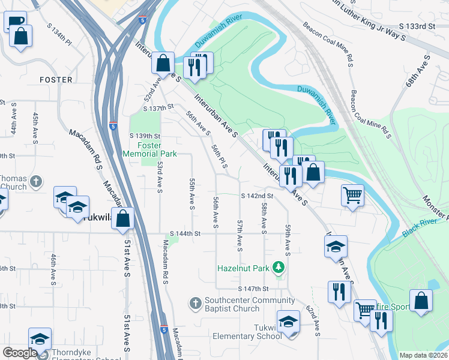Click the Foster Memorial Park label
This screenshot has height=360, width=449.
point(149,149)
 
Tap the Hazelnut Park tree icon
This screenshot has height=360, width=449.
point(278,266)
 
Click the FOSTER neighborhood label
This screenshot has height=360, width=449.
point(56,80)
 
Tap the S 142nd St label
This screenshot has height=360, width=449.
point(257,196)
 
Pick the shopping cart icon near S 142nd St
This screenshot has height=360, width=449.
point(352,194)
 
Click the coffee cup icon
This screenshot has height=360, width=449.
point(15,22)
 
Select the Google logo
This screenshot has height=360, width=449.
point(20,353)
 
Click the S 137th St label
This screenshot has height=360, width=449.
point(158,108)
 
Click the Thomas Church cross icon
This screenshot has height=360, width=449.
point(36,181)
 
